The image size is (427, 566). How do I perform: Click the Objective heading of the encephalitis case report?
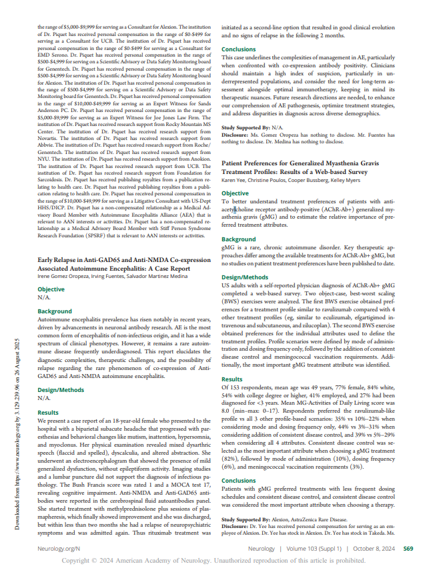click(51, 289)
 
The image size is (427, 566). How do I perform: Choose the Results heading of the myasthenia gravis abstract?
click(232, 379)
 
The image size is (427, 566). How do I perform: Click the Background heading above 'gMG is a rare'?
click(238, 239)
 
